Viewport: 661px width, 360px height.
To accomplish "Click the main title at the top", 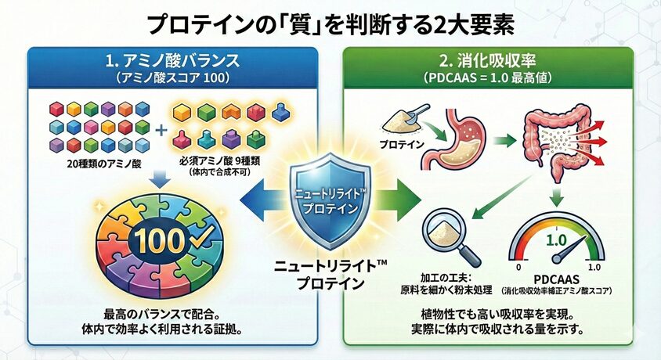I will [x=330, y=23].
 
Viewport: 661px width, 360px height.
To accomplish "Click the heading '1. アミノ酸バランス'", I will [x=172, y=60].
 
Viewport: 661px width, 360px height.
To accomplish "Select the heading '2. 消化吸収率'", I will [x=488, y=60].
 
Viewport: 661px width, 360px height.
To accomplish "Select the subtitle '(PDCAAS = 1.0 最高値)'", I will [x=488, y=77].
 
